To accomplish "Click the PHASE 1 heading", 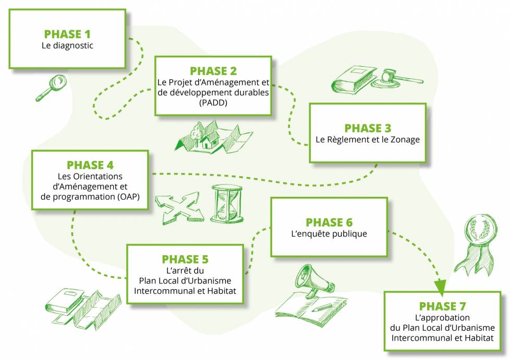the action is (67, 34).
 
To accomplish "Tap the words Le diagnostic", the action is (67, 45).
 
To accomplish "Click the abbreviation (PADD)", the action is (213, 103).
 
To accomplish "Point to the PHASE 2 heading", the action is (213, 71).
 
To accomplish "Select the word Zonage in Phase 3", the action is (405, 140).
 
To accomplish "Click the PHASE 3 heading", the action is (368, 128).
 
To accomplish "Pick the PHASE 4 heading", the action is (90, 165).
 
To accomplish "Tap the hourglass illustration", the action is (227, 204).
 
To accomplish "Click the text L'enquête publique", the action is (329, 234).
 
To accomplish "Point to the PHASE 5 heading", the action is (185, 259).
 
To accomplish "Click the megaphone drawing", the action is (314, 281).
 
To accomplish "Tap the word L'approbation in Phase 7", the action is (442, 317).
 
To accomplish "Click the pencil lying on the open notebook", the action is (322, 307).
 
